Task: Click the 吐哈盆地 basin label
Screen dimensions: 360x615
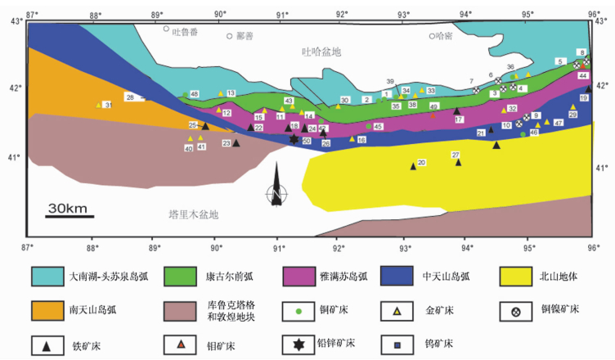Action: pyautogui.click(x=321, y=52)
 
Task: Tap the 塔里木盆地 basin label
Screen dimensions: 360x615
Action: pyautogui.click(x=194, y=214)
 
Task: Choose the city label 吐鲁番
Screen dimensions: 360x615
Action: pyautogui.click(x=186, y=29)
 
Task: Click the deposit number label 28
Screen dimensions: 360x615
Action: pyautogui.click(x=130, y=97)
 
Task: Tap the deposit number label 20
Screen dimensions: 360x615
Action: pyautogui.click(x=421, y=163)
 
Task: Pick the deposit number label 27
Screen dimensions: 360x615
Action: pyautogui.click(x=456, y=155)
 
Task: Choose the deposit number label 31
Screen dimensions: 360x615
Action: pyautogui.click(x=108, y=105)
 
